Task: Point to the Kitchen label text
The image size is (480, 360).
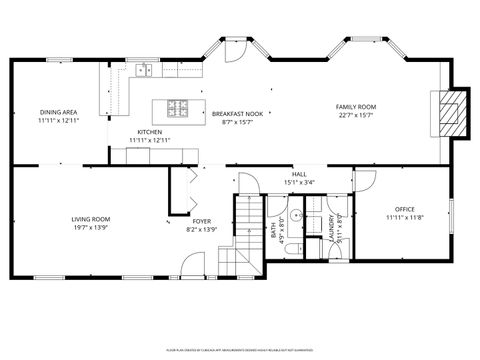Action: pyautogui.click(x=149, y=132)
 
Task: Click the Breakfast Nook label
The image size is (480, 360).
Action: pyautogui.click(x=237, y=114)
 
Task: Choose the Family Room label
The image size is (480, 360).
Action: pyautogui.click(x=354, y=106)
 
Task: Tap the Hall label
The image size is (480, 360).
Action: pyautogui.click(x=299, y=174)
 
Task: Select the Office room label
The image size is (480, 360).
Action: pyautogui.click(x=405, y=209)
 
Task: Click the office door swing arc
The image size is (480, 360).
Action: pyautogui.click(x=366, y=181)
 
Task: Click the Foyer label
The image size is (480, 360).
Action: pyautogui.click(x=202, y=221)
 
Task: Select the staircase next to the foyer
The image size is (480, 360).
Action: pyautogui.click(x=246, y=230)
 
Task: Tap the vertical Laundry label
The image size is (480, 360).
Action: pyautogui.click(x=330, y=229)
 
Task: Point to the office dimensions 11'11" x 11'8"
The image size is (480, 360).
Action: pyautogui.click(x=405, y=218)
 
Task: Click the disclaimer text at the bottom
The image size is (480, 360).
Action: pyautogui.click(x=240, y=351)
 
